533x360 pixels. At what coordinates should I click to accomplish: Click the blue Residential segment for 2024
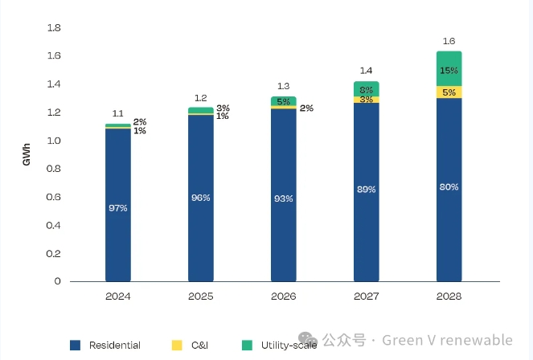coord(118,241)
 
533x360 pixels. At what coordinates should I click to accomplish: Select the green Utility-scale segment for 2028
coord(449,68)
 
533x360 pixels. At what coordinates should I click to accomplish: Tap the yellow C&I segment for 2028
coord(449,92)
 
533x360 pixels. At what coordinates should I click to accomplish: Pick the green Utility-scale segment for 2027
coord(366,88)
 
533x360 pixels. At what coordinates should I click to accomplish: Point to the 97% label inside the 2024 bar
coord(118,208)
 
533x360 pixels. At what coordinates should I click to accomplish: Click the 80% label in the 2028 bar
coord(449,187)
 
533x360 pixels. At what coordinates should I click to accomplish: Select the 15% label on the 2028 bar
coord(449,71)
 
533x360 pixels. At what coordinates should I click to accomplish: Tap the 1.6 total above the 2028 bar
coord(449,40)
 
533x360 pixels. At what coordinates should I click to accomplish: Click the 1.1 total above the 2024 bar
coord(118,114)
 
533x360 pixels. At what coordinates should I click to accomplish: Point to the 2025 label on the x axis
coord(201,297)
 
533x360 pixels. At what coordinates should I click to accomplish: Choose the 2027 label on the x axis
coord(366,297)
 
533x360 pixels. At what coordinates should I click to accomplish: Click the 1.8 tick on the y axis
coord(55,28)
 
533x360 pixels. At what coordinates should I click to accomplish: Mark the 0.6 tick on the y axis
coord(55,197)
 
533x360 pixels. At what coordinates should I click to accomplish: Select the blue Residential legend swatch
coord(76,345)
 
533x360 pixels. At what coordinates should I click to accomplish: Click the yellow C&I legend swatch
coord(177,345)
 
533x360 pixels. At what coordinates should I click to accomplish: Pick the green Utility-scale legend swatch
coord(248,345)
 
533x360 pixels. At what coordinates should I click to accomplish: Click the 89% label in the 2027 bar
coord(366,190)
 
